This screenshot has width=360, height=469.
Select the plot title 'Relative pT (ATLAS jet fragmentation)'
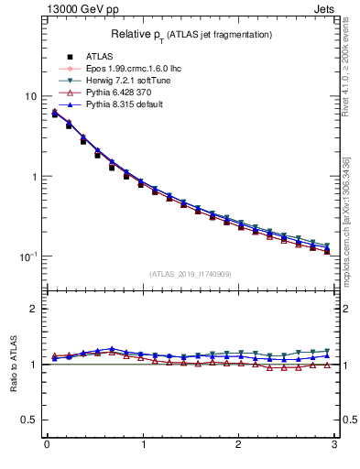(191, 34)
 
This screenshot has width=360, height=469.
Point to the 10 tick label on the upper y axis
(30, 97)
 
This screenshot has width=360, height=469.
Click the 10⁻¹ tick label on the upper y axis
(28, 256)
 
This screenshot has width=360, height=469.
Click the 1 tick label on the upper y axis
(34, 177)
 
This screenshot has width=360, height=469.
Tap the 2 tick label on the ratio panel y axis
(34, 309)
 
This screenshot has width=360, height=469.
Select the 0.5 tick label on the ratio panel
(30, 420)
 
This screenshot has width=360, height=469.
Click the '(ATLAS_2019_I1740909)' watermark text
(191, 274)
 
